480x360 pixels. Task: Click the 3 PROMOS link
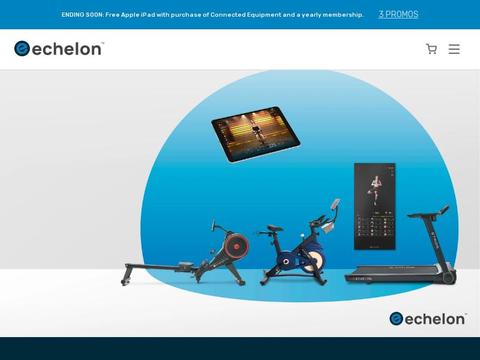pos(398,15)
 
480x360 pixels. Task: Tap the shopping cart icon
pos(432,49)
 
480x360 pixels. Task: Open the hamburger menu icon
pos(454,49)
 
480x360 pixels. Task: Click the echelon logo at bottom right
pos(427,318)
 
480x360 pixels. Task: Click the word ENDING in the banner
pos(75,15)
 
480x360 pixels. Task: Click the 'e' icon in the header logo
pos(22,48)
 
